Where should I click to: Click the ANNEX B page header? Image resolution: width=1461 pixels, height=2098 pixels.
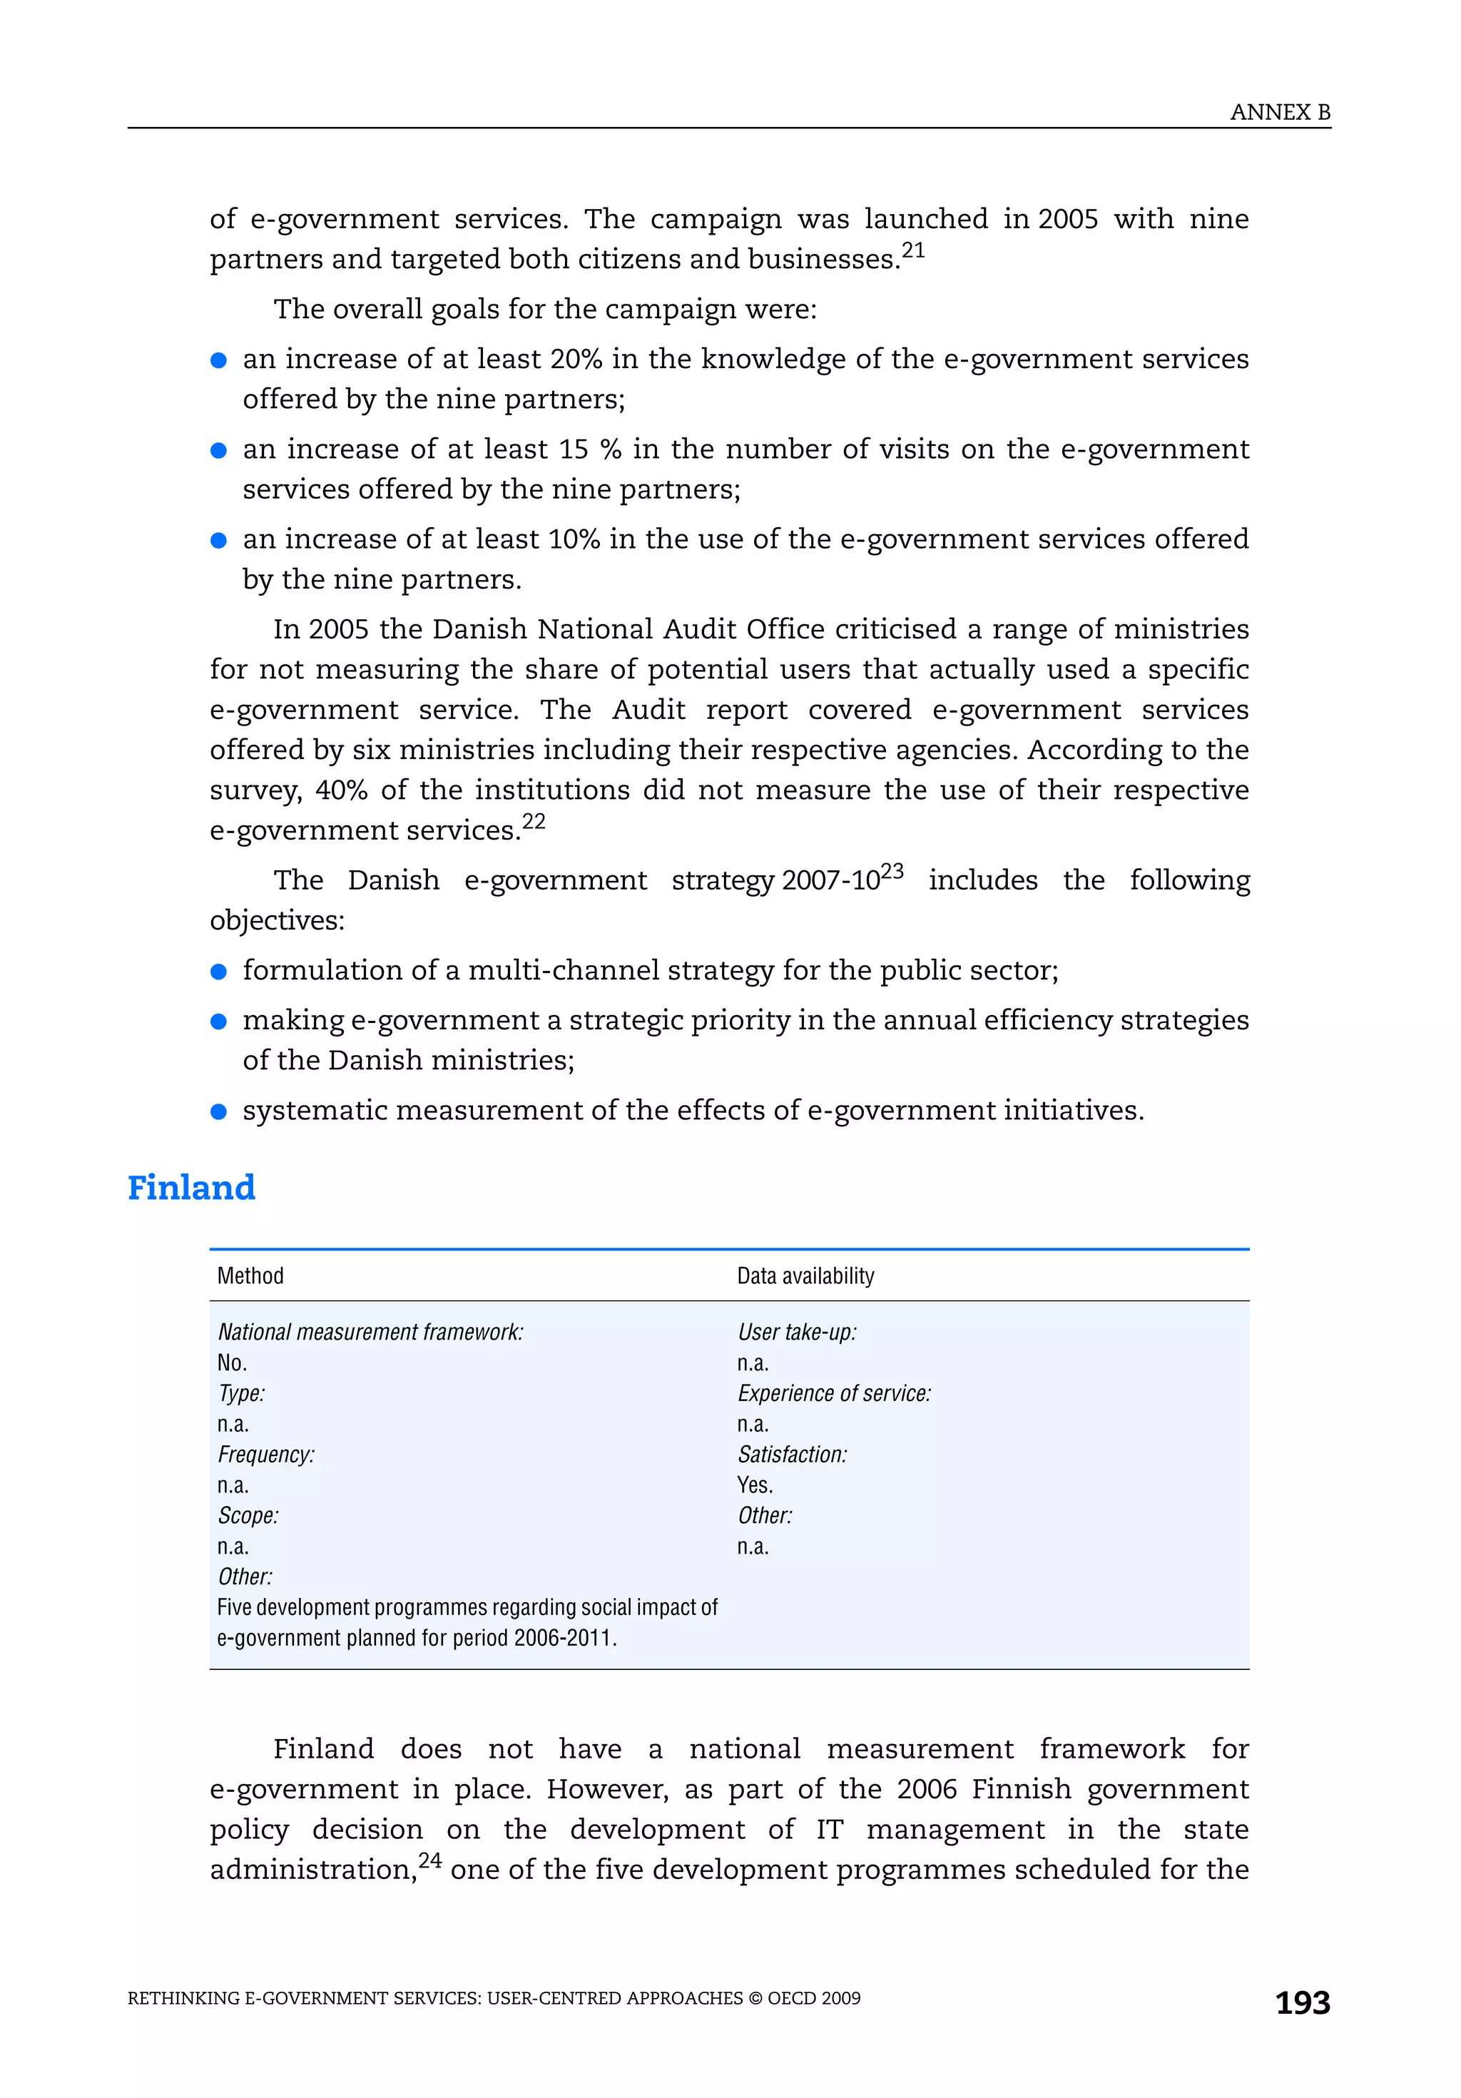1279,113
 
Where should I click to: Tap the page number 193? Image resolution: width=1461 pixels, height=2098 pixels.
1302,2002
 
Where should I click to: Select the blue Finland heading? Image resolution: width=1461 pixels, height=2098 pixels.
191,1188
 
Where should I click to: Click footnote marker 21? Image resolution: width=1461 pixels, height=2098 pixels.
913,250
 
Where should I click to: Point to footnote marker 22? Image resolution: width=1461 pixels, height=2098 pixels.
534,822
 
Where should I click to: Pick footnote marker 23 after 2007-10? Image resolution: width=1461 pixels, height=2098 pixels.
892,871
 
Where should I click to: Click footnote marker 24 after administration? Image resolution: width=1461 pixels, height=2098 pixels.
429,1860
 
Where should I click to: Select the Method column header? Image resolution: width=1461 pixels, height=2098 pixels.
250,1275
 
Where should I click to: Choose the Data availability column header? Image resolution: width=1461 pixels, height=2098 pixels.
805,1275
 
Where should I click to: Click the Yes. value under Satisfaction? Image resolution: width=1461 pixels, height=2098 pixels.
755,1485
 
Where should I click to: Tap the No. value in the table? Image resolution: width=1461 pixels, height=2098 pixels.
232,1363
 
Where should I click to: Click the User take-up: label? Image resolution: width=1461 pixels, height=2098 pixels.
797,1333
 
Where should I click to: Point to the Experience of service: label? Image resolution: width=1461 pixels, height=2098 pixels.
834,1393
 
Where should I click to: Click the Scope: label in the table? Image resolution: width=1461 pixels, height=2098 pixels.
248,1516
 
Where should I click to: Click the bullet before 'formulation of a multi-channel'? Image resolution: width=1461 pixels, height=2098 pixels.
218,972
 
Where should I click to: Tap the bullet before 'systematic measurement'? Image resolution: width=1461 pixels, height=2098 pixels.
218,1111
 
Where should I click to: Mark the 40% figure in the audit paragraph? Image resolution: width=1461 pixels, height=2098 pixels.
342,790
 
